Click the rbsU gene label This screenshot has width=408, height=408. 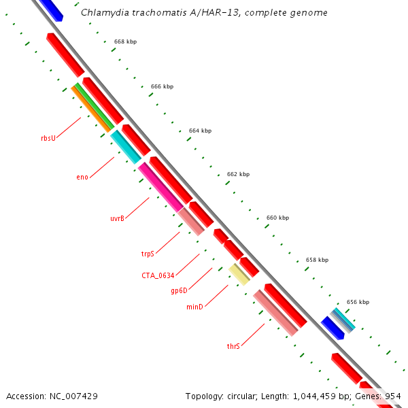(x=48, y=139)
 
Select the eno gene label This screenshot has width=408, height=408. (x=82, y=177)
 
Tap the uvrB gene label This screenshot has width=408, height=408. (x=117, y=218)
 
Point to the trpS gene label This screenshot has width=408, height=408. (x=148, y=254)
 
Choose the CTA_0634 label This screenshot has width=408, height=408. (x=158, y=275)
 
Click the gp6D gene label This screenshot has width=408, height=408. (x=179, y=291)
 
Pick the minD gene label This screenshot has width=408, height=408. (x=194, y=307)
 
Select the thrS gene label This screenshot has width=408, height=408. (x=233, y=346)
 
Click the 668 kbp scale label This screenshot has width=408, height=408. (x=125, y=42)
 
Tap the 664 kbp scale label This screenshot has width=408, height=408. (x=200, y=131)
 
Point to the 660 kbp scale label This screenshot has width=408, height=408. (x=277, y=218)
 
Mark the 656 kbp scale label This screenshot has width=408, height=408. (x=358, y=302)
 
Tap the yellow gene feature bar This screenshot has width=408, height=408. (x=239, y=273)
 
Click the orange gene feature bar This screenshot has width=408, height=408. (x=91, y=107)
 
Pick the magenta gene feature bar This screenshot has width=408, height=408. (x=160, y=186)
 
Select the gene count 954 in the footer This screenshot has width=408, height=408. (x=393, y=396)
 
